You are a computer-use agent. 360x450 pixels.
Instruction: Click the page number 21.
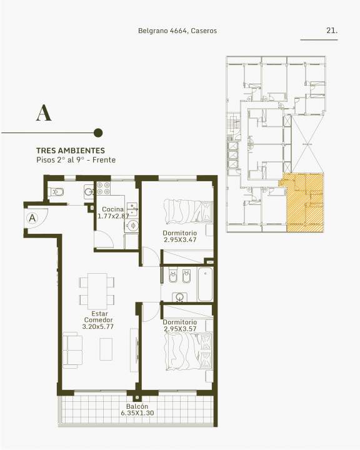pyautogui.click(x=332, y=31)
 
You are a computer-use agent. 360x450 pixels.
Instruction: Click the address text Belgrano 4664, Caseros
pyautogui.click(x=177, y=31)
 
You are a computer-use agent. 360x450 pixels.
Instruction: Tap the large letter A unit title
pyautogui.click(x=44, y=112)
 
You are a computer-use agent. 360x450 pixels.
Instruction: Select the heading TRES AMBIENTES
pyautogui.click(x=71, y=151)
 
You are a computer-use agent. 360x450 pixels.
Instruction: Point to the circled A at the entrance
pyautogui.click(x=32, y=218)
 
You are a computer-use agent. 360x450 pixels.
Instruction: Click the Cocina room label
pyautogui.click(x=113, y=209)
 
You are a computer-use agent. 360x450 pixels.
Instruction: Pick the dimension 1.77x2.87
pyautogui.click(x=113, y=216)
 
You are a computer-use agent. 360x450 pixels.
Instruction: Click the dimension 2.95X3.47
pyautogui.click(x=180, y=240)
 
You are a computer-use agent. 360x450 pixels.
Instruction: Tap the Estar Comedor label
pyautogui.click(x=98, y=316)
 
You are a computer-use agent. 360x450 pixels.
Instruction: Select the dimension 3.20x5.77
pyautogui.click(x=98, y=327)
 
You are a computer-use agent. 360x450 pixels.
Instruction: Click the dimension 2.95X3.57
pyautogui.click(x=180, y=329)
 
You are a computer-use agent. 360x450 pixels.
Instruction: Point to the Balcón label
pyautogui.click(x=137, y=406)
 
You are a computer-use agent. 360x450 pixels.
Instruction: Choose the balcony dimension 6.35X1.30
pyautogui.click(x=137, y=413)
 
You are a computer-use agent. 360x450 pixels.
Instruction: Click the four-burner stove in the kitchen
pyautogui.click(x=103, y=188)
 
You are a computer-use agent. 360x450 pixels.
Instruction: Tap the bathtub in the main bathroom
pyautogui.click(x=205, y=284)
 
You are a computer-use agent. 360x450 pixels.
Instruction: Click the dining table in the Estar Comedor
pyautogui.click(x=97, y=291)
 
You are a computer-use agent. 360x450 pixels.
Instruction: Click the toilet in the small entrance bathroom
pyautogui.click(x=56, y=192)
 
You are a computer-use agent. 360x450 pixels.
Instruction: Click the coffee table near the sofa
pyautogui.click(x=106, y=349)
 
